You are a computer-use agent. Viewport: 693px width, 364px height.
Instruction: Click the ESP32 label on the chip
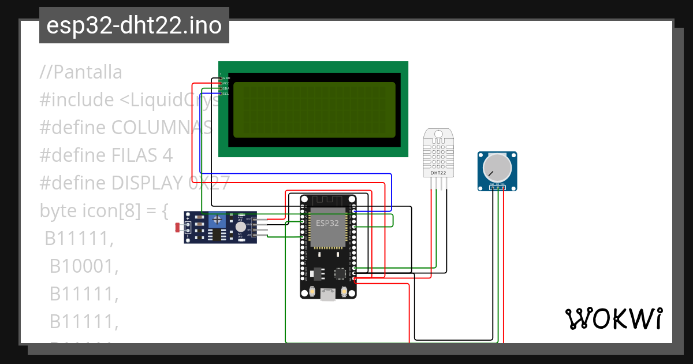[x=327, y=223]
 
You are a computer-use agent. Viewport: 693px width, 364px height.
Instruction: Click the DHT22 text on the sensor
[x=438, y=173]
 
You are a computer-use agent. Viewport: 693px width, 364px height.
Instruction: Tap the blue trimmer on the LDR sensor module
[x=217, y=220]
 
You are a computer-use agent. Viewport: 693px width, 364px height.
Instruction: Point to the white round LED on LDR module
[x=240, y=227]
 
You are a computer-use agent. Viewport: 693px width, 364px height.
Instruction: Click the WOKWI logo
[x=613, y=318]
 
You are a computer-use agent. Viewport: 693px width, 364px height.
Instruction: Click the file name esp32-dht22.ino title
[x=134, y=25]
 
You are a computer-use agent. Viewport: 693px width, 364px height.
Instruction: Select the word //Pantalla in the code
[x=81, y=72]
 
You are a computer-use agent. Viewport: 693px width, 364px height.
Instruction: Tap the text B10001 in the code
[x=84, y=266]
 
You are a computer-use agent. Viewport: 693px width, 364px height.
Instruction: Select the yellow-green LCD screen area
[x=314, y=109]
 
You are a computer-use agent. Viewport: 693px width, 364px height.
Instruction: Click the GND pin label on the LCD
[x=226, y=77]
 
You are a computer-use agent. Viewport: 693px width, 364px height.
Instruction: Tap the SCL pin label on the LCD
[x=226, y=93]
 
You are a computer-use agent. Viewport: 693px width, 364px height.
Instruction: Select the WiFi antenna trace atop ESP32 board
[x=327, y=200]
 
